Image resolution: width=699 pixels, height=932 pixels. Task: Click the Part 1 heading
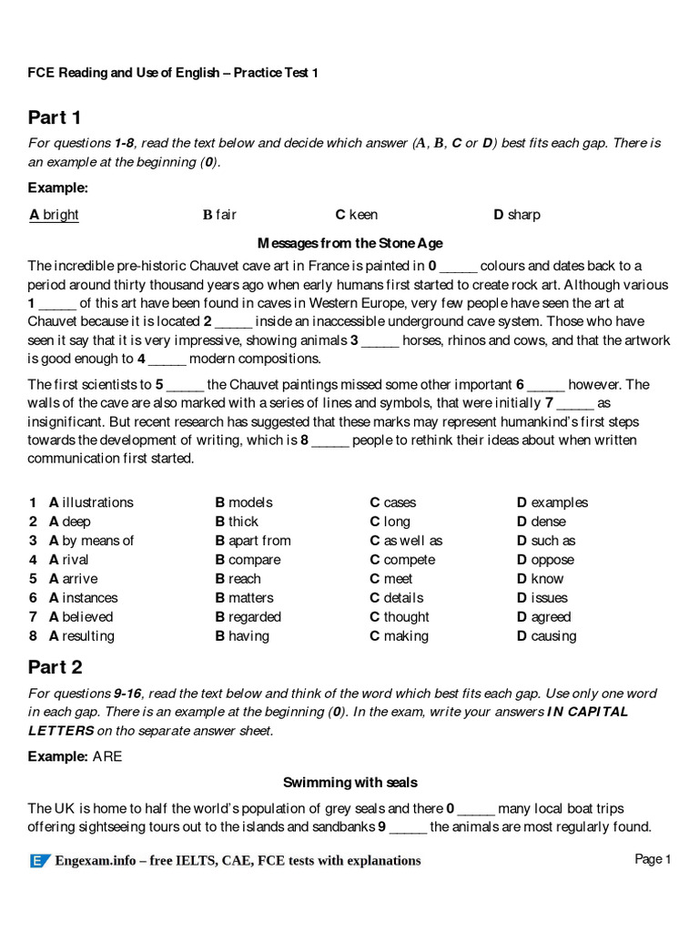click(55, 117)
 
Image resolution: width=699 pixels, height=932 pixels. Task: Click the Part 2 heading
click(55, 667)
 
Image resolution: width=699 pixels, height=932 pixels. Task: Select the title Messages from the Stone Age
click(349, 243)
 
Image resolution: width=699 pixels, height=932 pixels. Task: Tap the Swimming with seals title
click(349, 782)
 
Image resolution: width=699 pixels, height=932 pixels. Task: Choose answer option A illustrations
click(91, 502)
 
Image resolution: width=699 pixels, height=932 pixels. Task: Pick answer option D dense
click(542, 522)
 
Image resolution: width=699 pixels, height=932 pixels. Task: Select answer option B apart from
click(253, 541)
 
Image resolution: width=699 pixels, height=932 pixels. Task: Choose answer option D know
click(541, 579)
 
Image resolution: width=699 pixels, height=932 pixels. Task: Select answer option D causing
click(546, 636)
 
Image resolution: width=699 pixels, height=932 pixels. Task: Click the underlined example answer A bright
click(54, 215)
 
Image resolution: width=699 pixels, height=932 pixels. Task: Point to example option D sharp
click(516, 215)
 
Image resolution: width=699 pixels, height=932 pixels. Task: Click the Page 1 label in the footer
click(653, 859)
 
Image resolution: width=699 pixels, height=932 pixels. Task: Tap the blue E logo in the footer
click(39, 861)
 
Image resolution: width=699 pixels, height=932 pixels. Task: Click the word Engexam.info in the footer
click(99, 861)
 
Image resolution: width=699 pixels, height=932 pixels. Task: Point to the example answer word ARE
click(106, 756)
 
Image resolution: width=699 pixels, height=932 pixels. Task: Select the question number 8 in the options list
click(33, 636)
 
